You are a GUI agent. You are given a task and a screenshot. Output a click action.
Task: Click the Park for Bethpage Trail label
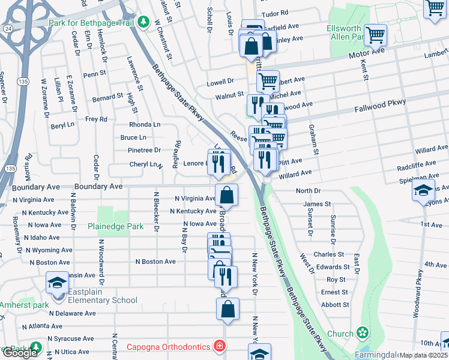pos(91,23)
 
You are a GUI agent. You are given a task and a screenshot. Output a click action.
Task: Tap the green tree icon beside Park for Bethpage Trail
pos(143,23)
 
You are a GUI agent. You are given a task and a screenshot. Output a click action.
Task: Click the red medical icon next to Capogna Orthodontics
pos(220,347)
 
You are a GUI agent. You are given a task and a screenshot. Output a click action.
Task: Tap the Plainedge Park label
pos(115,226)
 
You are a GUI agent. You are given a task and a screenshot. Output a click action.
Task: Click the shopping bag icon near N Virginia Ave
pos(227,195)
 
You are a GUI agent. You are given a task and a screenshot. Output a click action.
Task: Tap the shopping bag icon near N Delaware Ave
pos(228,309)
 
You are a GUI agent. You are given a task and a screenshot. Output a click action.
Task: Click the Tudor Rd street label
pos(275,12)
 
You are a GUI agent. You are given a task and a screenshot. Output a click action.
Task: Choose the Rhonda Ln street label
pos(145,124)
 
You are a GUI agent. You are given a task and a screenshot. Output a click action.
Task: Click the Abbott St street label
pos(336,304)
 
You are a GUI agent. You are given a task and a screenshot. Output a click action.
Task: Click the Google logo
pos(20,353)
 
